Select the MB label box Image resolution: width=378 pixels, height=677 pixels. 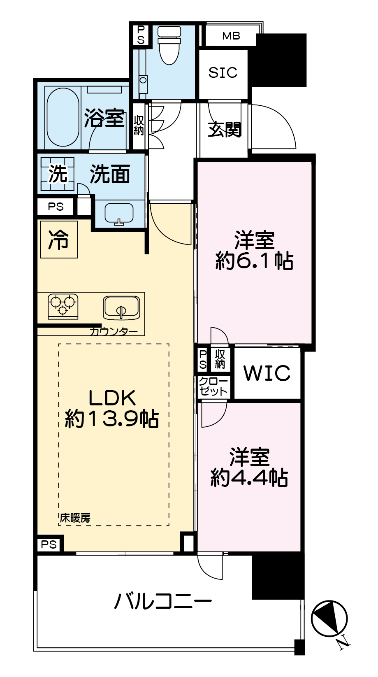click(231, 36)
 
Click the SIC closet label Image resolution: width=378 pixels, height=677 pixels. click(223, 73)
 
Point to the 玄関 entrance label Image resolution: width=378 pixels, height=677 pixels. click(224, 130)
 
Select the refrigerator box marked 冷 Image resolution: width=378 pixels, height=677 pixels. click(59, 240)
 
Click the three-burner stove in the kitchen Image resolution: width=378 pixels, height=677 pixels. click(63, 305)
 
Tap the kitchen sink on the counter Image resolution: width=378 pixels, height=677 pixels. click(121, 308)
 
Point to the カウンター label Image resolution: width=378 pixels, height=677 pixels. click(113, 331)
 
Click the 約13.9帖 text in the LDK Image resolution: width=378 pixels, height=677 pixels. click(112, 419)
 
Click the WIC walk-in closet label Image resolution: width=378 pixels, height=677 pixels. click(267, 373)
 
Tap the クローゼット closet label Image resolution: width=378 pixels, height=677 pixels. click(213, 387)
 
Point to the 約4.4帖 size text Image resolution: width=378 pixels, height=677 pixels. click(249, 478)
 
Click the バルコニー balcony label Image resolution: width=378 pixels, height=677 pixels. click(163, 602)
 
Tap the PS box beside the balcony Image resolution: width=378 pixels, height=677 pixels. click(49, 544)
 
